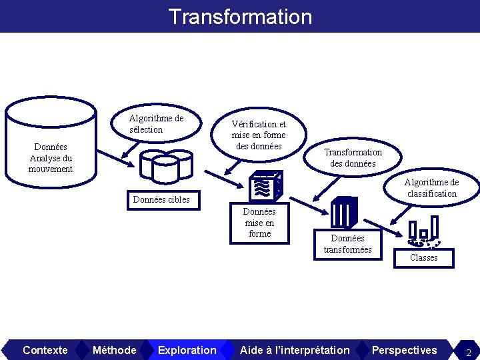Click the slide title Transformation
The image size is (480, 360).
click(x=240, y=16)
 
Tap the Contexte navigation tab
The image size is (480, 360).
click(x=45, y=350)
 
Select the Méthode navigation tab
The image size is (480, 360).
click(x=114, y=350)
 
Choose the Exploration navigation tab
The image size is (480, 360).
click(x=187, y=350)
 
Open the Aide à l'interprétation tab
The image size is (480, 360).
click(x=294, y=350)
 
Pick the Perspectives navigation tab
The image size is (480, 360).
click(x=404, y=350)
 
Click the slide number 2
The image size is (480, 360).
click(x=468, y=351)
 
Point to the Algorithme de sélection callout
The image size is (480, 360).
click(x=156, y=124)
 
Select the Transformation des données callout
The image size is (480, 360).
click(x=353, y=158)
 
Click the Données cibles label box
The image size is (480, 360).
click(x=161, y=199)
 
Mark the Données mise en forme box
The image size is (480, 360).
click(x=259, y=223)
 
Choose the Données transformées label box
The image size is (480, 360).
click(x=347, y=243)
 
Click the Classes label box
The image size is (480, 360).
click(x=423, y=257)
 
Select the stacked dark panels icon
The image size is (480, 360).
click(x=345, y=213)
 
